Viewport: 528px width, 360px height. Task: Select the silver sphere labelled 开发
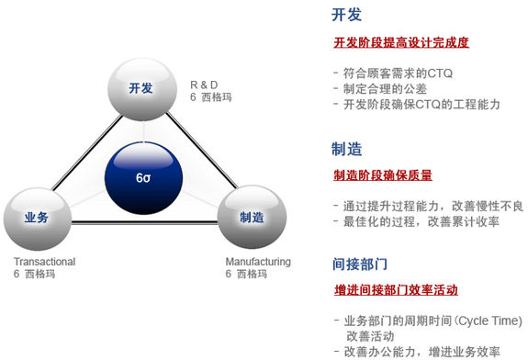(140, 85)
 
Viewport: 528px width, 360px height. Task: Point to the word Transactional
(44, 263)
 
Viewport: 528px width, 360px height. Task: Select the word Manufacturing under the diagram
(258, 263)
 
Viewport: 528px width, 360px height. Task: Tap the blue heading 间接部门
(362, 264)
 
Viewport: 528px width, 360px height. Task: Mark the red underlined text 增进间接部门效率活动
(395, 290)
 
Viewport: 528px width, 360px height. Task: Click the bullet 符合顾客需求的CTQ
(399, 73)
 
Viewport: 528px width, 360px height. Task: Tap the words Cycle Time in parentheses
(488, 322)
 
